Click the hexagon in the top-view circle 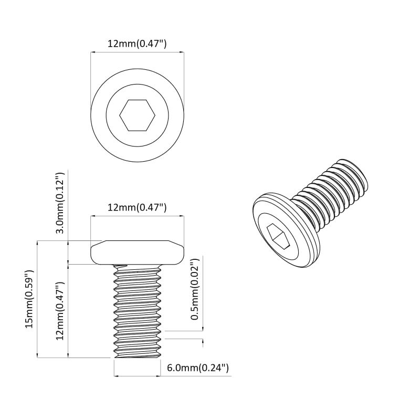click(137, 115)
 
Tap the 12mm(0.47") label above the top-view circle click(137, 44)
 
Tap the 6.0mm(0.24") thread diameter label click(198, 368)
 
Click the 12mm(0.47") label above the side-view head click(137, 207)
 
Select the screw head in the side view click(137, 253)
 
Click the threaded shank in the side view click(137, 310)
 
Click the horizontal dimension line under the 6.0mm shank click(137, 376)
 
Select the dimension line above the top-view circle click(137, 52)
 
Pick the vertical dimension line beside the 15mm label click(37, 299)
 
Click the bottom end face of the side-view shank click(137, 356)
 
